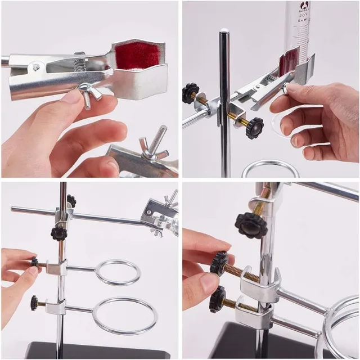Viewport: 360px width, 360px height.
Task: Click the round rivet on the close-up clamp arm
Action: (37, 67)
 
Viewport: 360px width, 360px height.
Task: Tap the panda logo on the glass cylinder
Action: (305, 6)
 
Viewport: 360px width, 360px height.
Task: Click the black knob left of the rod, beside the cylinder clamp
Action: (191, 93)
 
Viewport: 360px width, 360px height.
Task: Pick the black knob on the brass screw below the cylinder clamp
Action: (254, 128)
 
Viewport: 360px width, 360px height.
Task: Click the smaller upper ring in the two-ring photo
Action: (118, 272)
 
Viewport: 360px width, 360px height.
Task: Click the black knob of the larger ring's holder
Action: (34, 303)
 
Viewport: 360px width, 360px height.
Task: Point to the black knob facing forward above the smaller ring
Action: (58, 233)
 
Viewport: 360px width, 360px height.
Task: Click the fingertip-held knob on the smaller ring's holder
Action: (35, 262)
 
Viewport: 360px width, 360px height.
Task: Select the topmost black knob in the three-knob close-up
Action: (251, 226)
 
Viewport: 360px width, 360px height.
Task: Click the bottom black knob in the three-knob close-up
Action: (218, 299)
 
